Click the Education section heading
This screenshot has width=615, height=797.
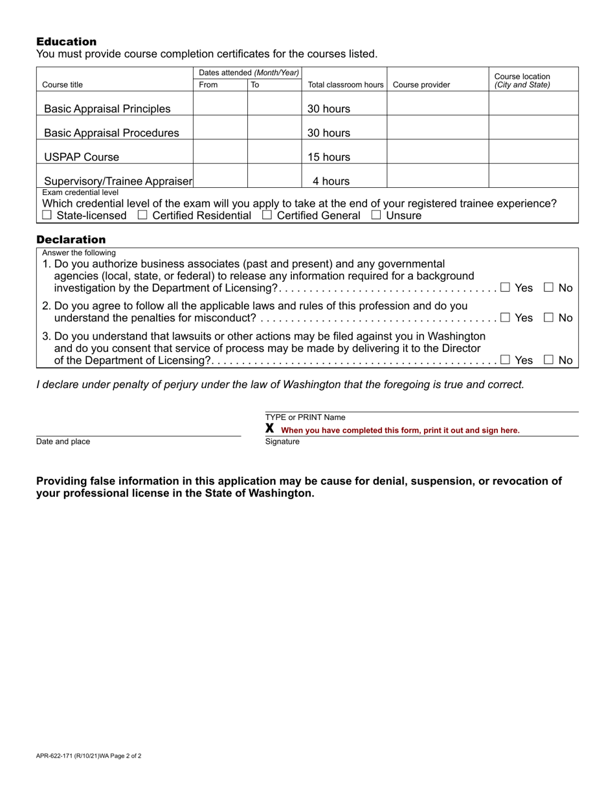pos(66,41)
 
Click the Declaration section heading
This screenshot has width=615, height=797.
pos(71,240)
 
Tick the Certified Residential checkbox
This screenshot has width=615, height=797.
pos(142,216)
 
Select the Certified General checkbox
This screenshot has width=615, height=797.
pos(267,216)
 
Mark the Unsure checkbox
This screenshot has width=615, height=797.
pos(376,216)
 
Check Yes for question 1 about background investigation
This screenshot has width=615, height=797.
pos(505,288)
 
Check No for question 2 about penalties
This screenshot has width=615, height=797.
pos(549,318)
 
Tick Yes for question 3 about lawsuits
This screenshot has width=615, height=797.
pos(505,360)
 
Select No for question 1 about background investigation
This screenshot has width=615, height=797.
pos(549,288)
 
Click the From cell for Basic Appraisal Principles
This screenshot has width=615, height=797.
pos(220,104)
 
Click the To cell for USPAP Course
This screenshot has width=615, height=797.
pos(274,152)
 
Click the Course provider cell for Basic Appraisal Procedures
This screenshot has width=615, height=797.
pos(437,128)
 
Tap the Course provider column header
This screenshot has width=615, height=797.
pos(421,85)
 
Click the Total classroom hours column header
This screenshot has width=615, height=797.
pos(346,85)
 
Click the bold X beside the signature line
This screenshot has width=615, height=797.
pos(270,428)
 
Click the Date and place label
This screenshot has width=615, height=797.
pos(63,442)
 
